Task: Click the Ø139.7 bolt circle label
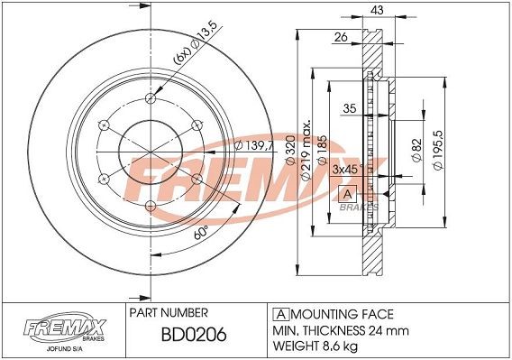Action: (252, 146)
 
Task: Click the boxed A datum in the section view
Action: (346, 194)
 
